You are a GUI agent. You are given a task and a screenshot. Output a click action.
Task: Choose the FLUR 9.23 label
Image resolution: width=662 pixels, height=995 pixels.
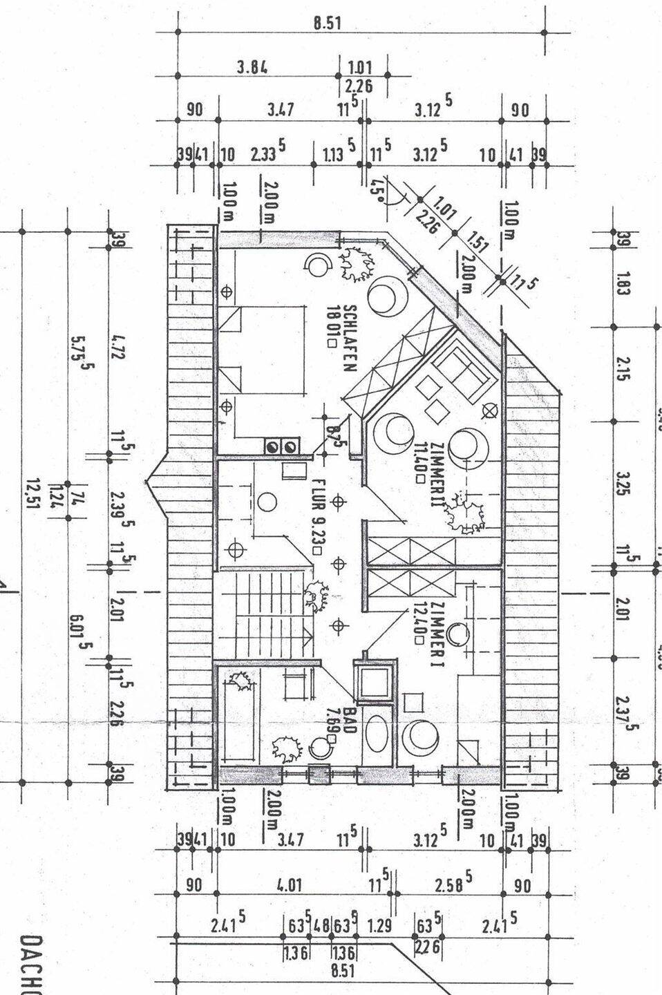318,515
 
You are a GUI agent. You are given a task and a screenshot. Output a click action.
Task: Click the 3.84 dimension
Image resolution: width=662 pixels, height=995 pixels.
252,67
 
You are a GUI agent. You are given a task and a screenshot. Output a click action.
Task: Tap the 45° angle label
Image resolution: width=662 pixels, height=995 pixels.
377,187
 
